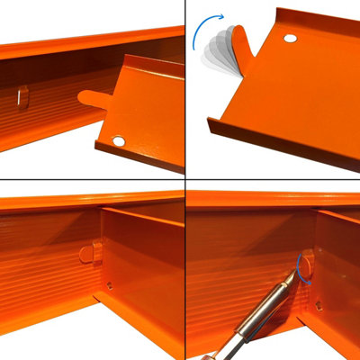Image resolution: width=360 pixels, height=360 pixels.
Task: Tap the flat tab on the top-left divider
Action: pos(94,96)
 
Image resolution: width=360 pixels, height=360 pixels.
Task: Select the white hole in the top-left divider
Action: pos(119,141)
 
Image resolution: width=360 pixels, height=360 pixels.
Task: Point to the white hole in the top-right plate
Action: pos(290,39)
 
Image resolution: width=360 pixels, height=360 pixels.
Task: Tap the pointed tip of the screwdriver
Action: pos(296,270)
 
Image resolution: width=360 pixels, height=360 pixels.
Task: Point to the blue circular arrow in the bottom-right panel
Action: pos(298,267)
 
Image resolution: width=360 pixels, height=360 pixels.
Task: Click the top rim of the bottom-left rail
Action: pos(90,200)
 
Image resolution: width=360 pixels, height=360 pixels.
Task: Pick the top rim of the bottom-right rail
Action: pos(270,199)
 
